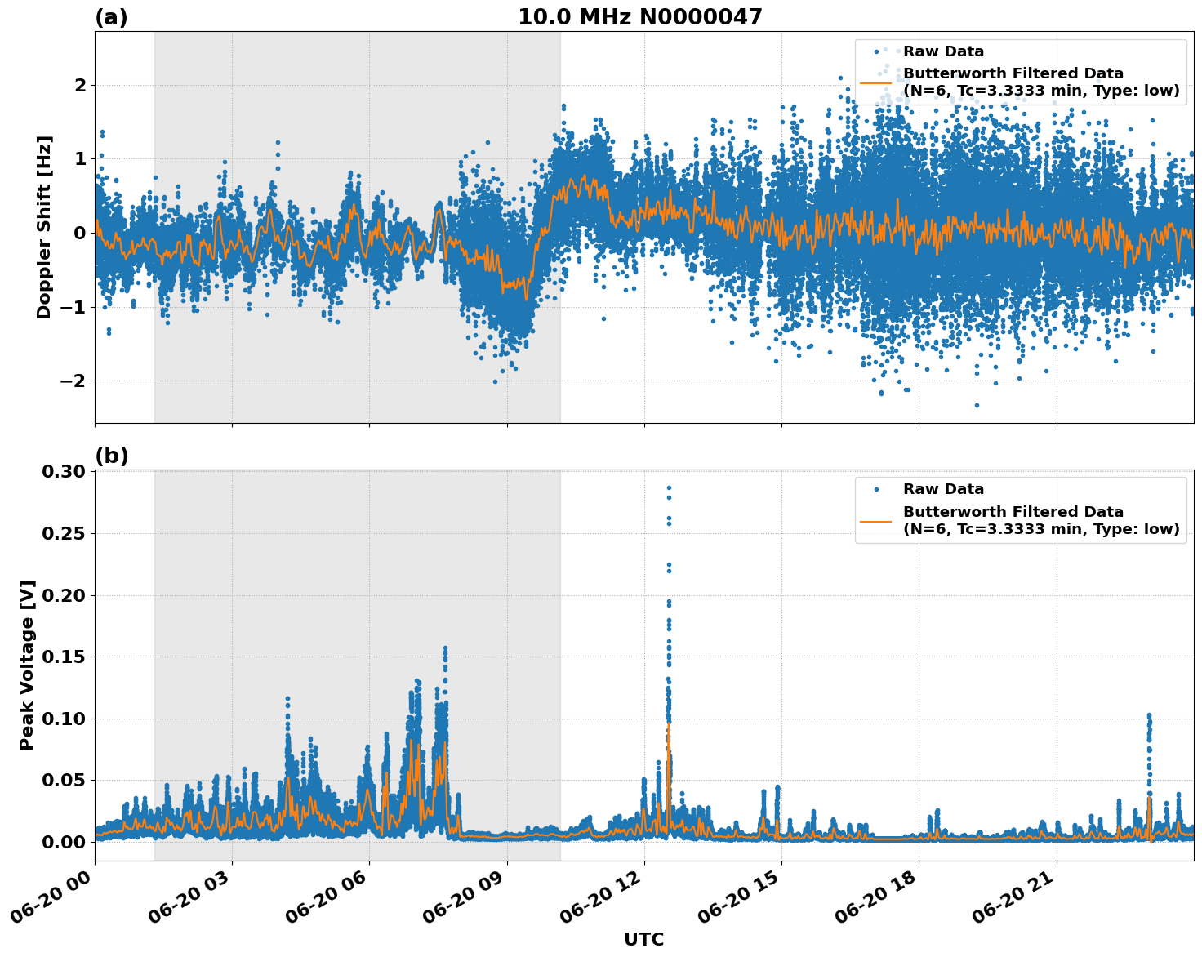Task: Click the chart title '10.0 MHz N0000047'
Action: click(639, 17)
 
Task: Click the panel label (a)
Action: click(111, 17)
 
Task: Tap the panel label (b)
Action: click(111, 456)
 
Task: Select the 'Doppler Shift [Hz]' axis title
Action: click(44, 227)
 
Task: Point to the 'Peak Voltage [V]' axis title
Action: click(27, 665)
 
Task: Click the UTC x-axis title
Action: click(643, 939)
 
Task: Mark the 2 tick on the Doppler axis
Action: click(80, 85)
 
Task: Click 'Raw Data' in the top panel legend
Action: click(943, 51)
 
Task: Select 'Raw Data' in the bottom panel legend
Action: click(943, 489)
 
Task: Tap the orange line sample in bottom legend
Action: click(875, 520)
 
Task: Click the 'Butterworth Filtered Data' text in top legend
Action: click(1013, 73)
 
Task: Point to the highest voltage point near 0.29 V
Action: click(669, 487)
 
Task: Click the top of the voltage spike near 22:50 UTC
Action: click(1149, 716)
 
